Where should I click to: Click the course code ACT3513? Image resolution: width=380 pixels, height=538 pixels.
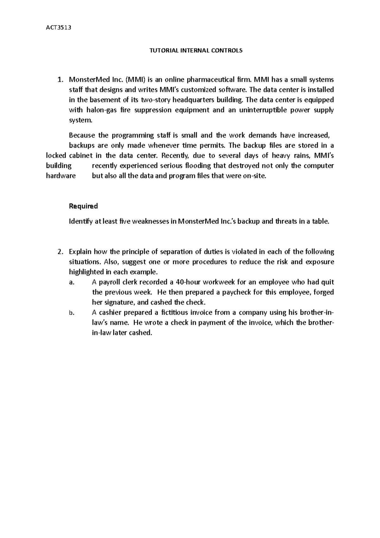tap(59, 27)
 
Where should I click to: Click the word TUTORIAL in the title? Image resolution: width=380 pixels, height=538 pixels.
tap(164, 50)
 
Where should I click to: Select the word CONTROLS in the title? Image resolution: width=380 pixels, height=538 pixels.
tap(229, 50)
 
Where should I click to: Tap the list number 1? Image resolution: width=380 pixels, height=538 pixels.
tap(60, 80)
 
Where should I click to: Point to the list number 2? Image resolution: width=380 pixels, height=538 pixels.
tap(60, 252)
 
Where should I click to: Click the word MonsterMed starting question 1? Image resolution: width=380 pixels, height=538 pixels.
tap(85, 80)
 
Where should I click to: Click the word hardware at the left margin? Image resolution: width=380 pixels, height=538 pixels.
tap(61, 176)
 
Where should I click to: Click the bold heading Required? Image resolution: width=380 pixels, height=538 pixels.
tap(83, 206)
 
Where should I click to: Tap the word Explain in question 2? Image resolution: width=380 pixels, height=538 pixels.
tap(80, 252)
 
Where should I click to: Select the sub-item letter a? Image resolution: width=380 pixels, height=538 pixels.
tap(71, 283)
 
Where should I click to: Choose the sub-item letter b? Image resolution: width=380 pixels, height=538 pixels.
tap(71, 313)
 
